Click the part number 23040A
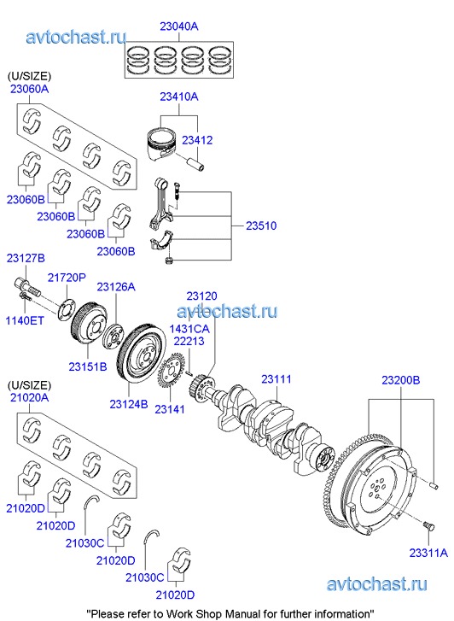click(179, 26)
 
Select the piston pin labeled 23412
click(196, 162)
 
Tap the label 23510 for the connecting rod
click(261, 226)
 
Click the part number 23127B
click(26, 258)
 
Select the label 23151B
click(88, 366)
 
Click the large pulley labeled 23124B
click(143, 354)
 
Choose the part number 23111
click(276, 379)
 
